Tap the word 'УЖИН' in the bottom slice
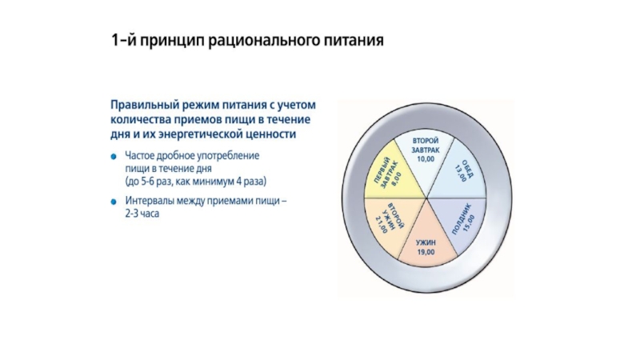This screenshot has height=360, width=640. point(425,242)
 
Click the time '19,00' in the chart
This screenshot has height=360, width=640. point(425,253)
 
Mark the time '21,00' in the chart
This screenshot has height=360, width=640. point(381,226)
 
